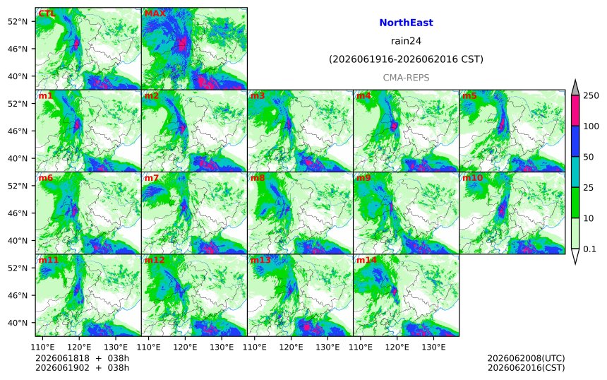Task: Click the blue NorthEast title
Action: tap(406, 23)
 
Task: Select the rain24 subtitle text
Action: tap(406, 41)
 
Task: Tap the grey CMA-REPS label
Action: tap(406, 78)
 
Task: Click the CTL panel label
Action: tap(47, 13)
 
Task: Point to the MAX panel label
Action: tap(155, 13)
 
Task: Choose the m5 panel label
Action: tap(469, 95)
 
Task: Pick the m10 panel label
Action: tap(472, 178)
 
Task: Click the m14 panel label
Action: tap(366, 260)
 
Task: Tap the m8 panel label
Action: tap(258, 178)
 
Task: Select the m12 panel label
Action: tap(155, 260)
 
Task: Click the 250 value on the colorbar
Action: tap(591, 95)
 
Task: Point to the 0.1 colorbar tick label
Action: tap(589, 249)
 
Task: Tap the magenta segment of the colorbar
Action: tap(575, 111)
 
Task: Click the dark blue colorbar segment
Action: tap(575, 141)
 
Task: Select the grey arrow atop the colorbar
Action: tap(575, 88)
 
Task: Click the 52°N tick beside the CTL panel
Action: tap(18, 21)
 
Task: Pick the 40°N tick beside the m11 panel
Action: tap(18, 323)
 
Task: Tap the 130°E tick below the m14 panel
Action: tap(433, 347)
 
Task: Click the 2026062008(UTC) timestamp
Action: tap(526, 358)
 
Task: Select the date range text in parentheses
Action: tap(406, 59)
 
